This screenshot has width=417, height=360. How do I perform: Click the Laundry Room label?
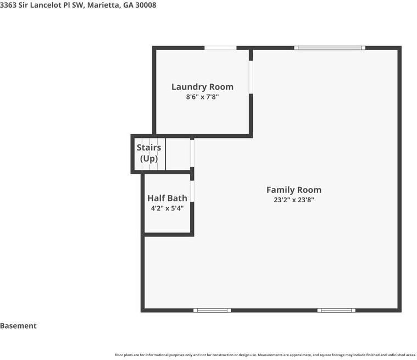tap(202, 87)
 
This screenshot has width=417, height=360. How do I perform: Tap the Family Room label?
tap(294, 190)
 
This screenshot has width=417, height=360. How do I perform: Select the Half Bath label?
tap(167, 198)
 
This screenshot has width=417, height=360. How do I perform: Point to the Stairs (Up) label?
tap(149, 153)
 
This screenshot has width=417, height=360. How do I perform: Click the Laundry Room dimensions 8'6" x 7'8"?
tap(202, 97)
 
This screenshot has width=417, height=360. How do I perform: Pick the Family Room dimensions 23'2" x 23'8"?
tap(294, 200)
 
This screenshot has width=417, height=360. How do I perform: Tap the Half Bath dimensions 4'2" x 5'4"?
tap(167, 208)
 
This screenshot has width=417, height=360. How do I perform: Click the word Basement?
tap(18, 326)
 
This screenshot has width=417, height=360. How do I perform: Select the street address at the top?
tap(78, 5)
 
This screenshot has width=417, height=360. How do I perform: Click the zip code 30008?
tap(146, 5)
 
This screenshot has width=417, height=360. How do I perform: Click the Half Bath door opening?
tap(192, 191)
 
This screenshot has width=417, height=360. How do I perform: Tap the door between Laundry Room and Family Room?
tap(251, 77)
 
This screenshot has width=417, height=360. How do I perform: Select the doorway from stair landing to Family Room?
tap(192, 153)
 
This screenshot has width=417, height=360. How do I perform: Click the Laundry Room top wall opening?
tap(220, 48)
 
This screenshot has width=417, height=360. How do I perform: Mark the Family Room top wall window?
tap(330, 48)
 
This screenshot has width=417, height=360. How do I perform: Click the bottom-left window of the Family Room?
tap(212, 310)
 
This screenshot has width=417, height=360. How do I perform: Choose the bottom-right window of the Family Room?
tap(336, 310)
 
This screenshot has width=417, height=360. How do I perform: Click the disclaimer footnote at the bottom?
tap(265, 355)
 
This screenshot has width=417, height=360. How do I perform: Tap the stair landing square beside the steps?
tap(178, 154)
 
